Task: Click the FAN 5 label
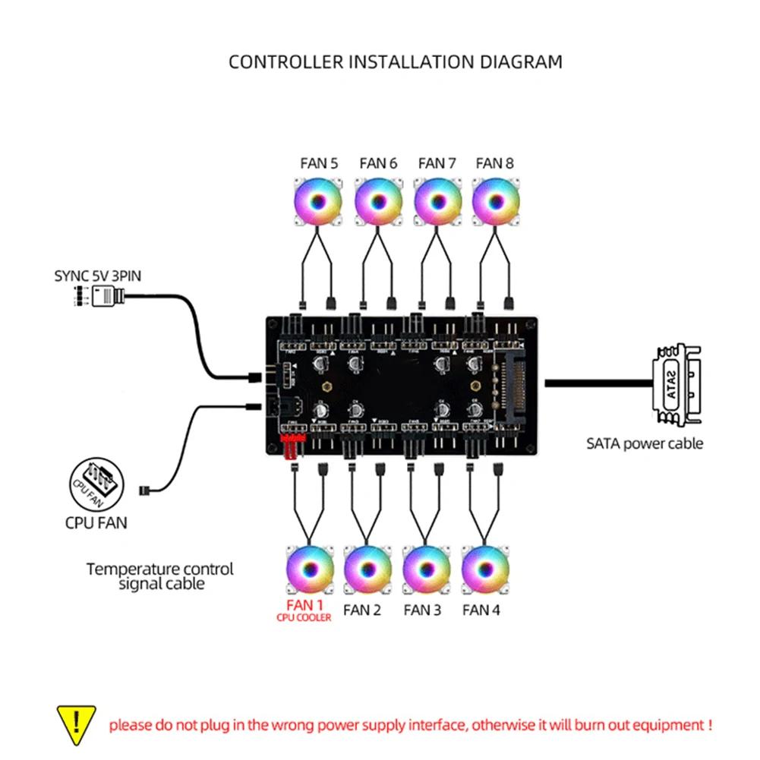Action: click(x=318, y=163)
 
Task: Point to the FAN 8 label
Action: click(x=495, y=163)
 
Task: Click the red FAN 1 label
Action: click(x=305, y=605)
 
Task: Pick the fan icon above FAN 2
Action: click(x=367, y=570)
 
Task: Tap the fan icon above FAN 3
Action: click(x=426, y=570)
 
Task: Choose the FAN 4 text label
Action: click(x=481, y=610)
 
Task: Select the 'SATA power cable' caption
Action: click(x=645, y=443)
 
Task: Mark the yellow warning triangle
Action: click(x=77, y=724)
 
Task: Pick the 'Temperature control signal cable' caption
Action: click(x=159, y=576)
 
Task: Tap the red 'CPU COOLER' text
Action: click(x=304, y=618)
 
